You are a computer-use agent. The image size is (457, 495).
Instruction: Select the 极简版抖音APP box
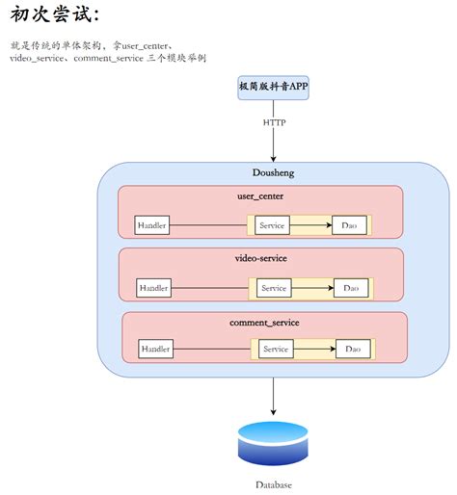274,87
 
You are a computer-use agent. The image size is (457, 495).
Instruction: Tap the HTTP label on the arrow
274,122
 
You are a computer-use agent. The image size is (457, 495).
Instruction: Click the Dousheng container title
274,173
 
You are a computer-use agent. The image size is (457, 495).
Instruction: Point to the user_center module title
260,196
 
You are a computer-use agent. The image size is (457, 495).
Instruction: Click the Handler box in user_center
151,225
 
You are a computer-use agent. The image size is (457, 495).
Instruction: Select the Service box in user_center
273,225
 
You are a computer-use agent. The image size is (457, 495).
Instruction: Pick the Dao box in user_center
348,225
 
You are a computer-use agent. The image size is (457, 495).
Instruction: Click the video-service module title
261,258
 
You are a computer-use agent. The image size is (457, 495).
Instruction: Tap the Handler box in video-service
153,288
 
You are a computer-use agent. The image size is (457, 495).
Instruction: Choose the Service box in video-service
275,288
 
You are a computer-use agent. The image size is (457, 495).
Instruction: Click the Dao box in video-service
350,288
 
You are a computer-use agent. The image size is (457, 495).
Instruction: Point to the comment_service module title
264,321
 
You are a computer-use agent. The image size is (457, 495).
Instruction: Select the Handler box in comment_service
156,349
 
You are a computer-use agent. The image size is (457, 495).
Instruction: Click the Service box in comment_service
277,349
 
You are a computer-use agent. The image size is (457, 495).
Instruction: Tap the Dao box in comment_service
353,349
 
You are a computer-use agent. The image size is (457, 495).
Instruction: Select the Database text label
274,484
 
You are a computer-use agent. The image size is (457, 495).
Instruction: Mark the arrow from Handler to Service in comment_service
212,349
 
